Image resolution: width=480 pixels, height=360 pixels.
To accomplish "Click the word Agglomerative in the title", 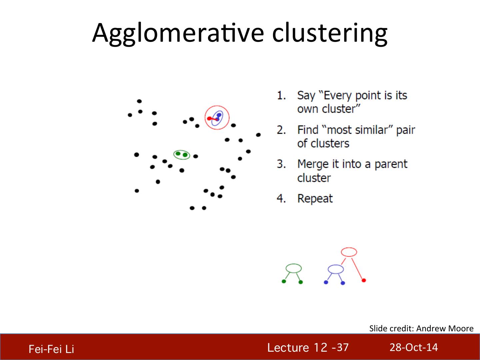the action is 178,33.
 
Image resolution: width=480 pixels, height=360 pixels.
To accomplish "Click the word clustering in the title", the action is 330,33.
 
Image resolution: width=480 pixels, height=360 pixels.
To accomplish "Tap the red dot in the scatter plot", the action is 209,118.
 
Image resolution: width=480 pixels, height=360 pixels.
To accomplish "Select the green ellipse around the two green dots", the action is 182,150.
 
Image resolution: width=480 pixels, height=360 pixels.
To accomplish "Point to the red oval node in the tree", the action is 349,248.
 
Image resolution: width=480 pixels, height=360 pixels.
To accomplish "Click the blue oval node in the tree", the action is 336,265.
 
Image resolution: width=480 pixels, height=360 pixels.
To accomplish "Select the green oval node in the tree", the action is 294,264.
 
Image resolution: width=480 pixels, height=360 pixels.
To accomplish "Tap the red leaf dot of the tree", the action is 364,280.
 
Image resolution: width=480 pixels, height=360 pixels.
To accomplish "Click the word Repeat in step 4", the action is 315,199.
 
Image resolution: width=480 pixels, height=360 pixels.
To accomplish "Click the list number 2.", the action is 281,130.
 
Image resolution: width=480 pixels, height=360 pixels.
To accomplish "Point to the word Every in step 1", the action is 337,96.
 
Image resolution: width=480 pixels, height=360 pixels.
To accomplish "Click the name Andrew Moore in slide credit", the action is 445,329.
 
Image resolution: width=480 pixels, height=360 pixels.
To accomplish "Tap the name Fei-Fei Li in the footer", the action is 51,349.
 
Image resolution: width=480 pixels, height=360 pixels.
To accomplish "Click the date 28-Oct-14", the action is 414,347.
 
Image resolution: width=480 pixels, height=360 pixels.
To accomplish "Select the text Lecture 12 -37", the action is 308,348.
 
